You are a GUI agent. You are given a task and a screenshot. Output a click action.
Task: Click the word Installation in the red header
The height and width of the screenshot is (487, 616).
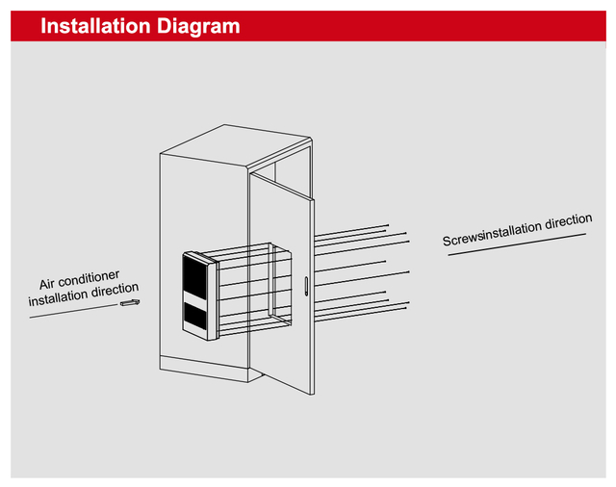[95, 26]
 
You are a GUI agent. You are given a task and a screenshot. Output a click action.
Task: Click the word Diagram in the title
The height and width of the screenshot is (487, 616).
[198, 27]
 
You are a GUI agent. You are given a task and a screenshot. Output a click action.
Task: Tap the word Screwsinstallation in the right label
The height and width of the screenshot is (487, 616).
[492, 234]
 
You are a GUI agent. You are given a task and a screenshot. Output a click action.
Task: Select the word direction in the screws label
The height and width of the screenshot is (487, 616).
[569, 221]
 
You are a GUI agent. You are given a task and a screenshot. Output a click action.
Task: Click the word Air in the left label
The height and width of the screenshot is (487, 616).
[47, 284]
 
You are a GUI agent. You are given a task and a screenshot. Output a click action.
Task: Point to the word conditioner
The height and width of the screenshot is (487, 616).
[89, 278]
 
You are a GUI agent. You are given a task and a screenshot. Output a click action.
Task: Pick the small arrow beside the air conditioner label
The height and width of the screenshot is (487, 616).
[130, 302]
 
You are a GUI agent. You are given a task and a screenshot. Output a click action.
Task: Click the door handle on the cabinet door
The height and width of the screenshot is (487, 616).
[306, 286]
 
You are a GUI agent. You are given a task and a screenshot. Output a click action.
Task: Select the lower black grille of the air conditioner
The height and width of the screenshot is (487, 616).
[195, 318]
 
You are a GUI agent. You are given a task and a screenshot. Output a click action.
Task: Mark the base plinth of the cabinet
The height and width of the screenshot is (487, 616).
[204, 369]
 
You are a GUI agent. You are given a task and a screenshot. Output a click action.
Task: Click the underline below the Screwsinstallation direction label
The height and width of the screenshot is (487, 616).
[517, 244]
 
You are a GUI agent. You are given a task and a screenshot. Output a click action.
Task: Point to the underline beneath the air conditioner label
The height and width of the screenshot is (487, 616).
[73, 311]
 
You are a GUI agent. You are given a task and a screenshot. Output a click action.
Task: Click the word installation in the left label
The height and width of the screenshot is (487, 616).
[59, 297]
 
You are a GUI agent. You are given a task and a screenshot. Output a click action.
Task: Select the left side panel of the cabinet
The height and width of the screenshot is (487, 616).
[203, 259]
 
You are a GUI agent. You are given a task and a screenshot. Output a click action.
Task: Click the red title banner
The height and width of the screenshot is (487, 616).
[308, 26]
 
